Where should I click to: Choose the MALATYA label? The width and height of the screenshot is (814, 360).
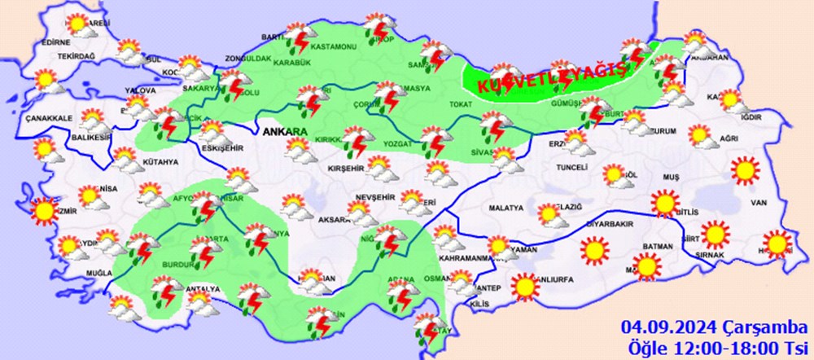505,209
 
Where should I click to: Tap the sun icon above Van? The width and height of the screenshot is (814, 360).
744,169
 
